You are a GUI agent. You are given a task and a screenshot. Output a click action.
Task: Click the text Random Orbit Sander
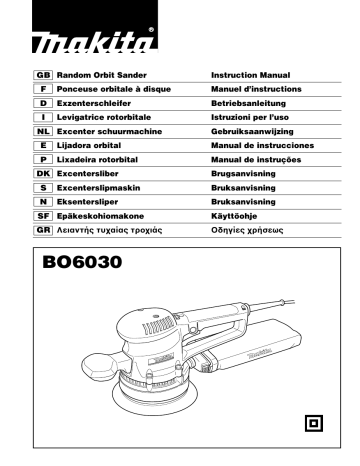[x=105, y=76]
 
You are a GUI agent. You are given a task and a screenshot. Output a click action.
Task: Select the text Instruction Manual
[x=251, y=76]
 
